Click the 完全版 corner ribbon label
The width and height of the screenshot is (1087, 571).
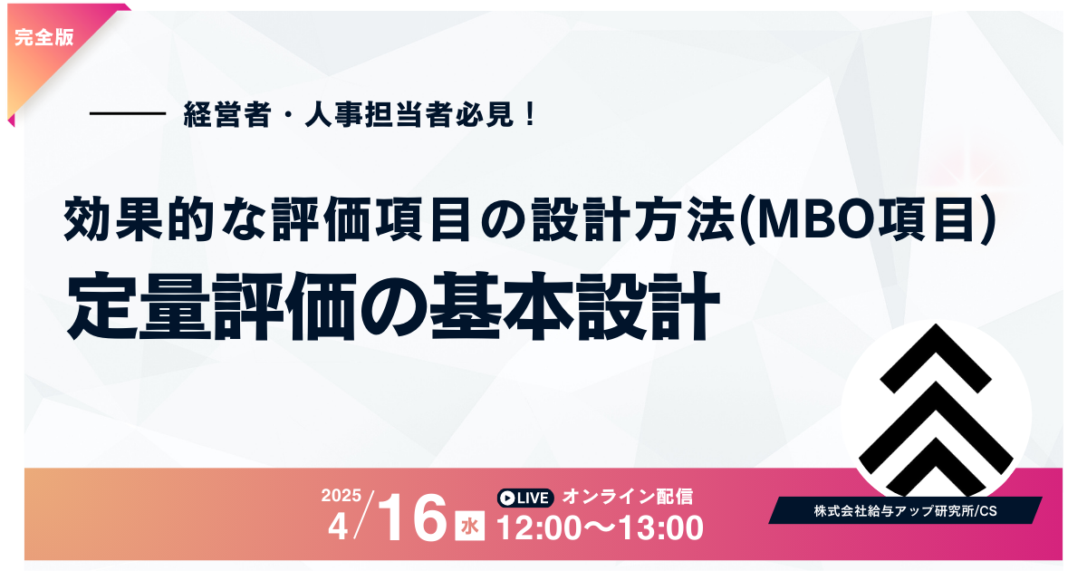(x=44, y=37)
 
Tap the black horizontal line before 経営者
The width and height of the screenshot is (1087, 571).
(x=128, y=113)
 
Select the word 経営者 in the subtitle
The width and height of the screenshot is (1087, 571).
(x=226, y=114)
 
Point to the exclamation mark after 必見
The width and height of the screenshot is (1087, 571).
(x=530, y=114)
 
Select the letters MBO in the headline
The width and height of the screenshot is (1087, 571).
(x=813, y=219)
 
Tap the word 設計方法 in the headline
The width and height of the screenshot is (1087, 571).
(x=632, y=219)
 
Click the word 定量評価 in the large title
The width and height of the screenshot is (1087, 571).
(x=212, y=306)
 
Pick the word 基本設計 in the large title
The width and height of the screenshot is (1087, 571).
(x=574, y=306)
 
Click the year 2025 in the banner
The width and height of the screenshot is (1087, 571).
(x=341, y=496)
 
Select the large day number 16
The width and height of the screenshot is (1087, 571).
(x=412, y=518)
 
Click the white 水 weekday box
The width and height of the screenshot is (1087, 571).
(x=469, y=526)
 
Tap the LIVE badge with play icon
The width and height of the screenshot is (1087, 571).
(x=525, y=498)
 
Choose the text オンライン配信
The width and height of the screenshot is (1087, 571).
(x=628, y=497)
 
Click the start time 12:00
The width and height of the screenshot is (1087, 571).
(x=539, y=527)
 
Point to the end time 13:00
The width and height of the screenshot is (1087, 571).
(x=661, y=527)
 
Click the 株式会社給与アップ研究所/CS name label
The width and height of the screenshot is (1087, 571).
(x=906, y=511)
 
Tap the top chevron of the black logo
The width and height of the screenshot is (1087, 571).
(x=936, y=358)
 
